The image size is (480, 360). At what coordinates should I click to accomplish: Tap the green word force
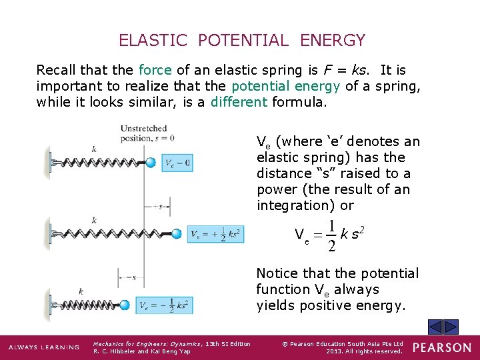[155, 70]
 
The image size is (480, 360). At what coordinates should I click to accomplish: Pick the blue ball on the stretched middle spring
[178, 233]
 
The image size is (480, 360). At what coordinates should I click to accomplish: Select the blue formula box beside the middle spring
[216, 233]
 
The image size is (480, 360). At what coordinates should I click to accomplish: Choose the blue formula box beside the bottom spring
[164, 305]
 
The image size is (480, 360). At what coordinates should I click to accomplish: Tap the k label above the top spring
[94, 149]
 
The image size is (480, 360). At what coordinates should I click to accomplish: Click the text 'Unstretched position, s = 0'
[147, 133]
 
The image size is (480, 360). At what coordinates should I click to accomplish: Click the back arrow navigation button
[435, 327]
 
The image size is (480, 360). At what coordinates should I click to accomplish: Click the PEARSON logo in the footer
[441, 347]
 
